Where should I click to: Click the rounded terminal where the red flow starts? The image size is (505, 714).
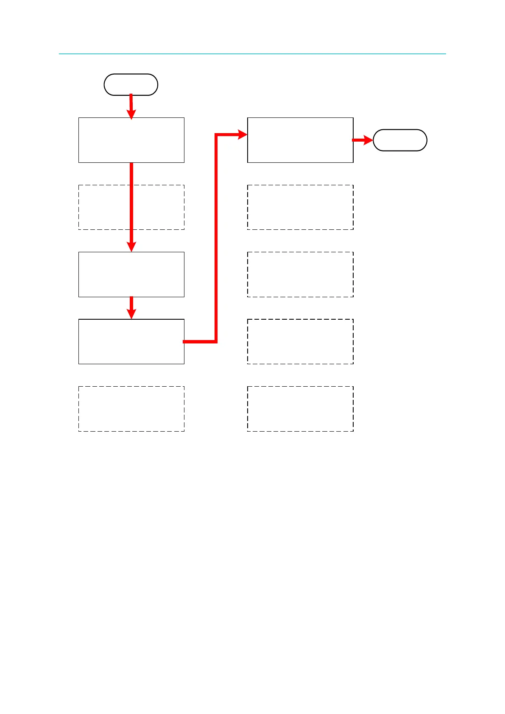pos(131,84)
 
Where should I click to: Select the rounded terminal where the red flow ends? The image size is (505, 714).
pos(400,140)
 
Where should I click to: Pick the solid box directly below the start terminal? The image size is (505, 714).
pos(131,140)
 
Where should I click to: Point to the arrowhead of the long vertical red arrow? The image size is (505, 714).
pos(131,246)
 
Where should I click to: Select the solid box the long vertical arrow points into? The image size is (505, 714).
pos(131,274)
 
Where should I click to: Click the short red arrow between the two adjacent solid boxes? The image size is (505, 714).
pos(131,307)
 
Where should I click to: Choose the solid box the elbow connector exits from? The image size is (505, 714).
pos(131,341)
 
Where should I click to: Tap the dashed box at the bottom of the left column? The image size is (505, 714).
pos(131,409)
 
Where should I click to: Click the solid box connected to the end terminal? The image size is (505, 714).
pos(300,140)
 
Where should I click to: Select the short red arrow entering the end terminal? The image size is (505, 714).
pos(363,140)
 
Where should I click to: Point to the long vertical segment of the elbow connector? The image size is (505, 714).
pos(216,237)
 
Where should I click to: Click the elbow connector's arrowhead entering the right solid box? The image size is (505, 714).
pos(243,135)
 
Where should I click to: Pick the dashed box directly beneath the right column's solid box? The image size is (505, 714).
pos(300,207)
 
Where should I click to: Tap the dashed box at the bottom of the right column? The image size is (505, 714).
pos(300,409)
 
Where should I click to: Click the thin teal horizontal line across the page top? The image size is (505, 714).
pos(252,54)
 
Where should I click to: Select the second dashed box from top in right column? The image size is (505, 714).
pos(300,274)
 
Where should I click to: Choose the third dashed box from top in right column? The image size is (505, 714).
pos(300,341)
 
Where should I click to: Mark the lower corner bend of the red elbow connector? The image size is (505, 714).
pos(216,341)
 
